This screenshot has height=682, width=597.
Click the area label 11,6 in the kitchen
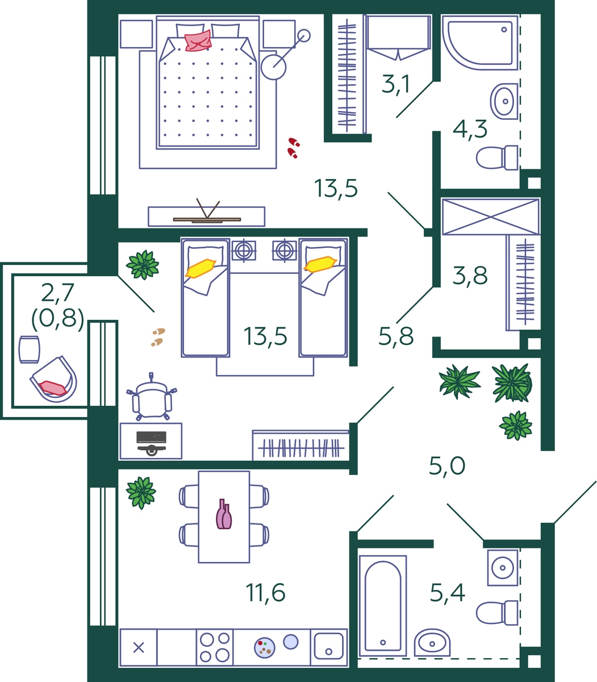point(265,593)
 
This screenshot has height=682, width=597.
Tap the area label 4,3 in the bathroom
point(470,129)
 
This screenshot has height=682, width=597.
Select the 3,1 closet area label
point(396,85)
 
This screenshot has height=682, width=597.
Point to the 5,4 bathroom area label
point(447,593)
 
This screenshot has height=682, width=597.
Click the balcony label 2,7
point(57,293)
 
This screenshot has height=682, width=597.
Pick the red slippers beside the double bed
point(293,147)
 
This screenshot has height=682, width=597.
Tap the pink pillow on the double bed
point(198,40)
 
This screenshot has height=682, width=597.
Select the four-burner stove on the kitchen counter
point(215,647)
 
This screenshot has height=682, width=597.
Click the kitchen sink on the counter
point(329,647)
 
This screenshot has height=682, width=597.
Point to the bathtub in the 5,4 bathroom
point(383,605)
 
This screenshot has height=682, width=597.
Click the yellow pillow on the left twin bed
point(200,268)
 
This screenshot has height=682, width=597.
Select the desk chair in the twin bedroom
point(152,396)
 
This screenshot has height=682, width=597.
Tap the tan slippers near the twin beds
point(157,336)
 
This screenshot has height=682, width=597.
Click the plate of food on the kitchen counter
point(264,647)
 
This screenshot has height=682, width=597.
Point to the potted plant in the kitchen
point(140,492)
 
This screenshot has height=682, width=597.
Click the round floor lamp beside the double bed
point(274,66)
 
